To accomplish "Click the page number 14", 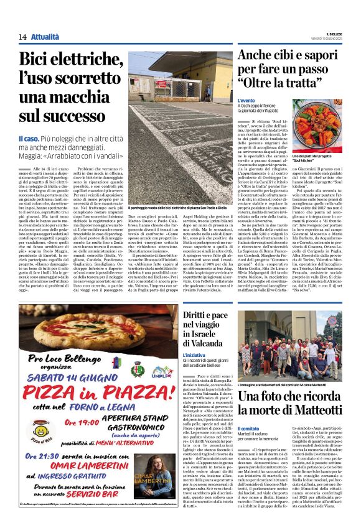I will (22, 37).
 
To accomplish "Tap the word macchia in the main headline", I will (75, 99).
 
